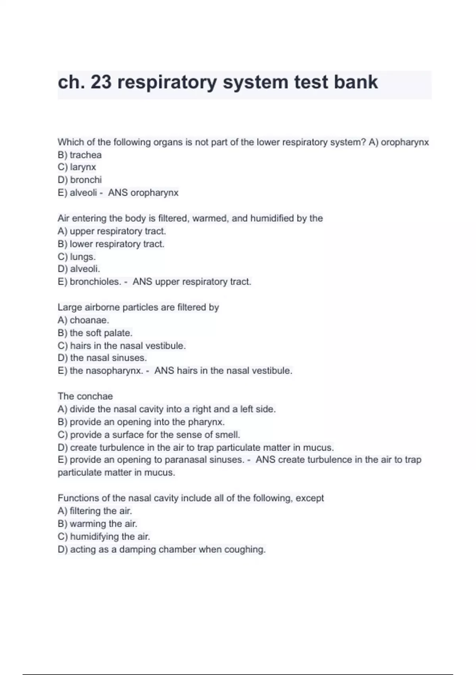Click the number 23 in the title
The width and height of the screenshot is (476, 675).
click(101, 82)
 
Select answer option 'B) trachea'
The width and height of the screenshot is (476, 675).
click(80, 155)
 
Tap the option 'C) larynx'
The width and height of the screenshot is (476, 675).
click(77, 167)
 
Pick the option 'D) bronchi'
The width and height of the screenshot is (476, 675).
click(80, 180)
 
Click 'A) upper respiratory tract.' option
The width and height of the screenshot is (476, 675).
click(112, 231)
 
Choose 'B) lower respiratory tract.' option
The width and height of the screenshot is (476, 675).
click(111, 244)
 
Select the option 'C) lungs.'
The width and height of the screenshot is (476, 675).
click(77, 256)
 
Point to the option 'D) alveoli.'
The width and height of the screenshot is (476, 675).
click(79, 269)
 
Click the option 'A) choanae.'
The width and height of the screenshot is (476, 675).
click(83, 320)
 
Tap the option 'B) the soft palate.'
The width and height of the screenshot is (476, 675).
click(95, 333)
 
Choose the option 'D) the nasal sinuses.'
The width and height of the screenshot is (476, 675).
click(102, 358)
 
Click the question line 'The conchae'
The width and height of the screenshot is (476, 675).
click(85, 396)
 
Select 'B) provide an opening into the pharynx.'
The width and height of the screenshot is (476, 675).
click(141, 422)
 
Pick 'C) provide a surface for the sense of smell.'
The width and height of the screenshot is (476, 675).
click(149, 435)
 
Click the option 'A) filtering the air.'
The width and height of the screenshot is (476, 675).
click(95, 511)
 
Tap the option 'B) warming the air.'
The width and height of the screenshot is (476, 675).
click(98, 524)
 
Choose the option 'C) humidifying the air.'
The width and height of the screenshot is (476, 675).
click(104, 536)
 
